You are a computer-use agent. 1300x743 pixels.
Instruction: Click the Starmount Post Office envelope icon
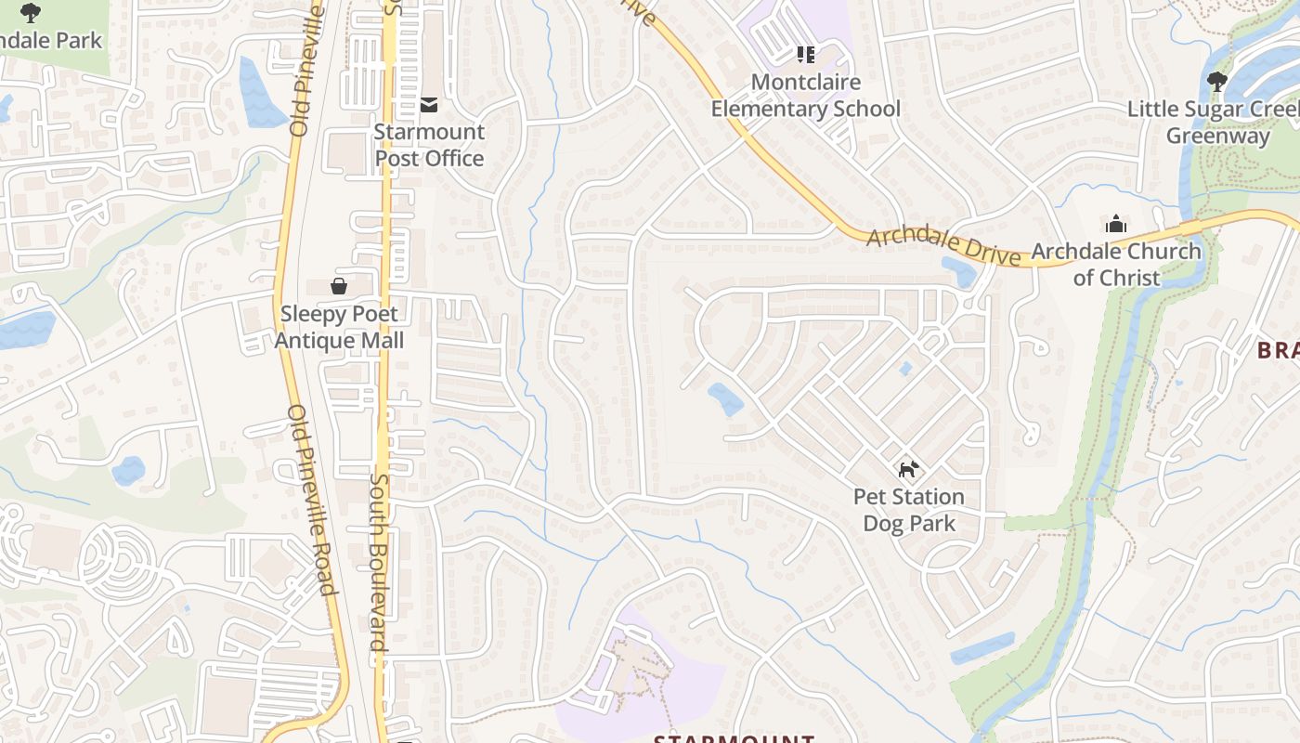pos(429,105)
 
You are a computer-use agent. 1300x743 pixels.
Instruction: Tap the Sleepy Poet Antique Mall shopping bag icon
pos(339,286)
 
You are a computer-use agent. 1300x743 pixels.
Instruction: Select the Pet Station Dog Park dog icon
pos(908,469)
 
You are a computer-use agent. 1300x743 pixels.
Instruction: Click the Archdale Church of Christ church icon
pos(1116,224)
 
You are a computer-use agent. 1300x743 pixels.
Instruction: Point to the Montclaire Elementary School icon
pos(805,55)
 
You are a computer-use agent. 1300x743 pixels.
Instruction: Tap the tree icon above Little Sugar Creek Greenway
pos(1217,82)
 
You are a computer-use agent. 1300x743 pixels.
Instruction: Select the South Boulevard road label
pos(381,569)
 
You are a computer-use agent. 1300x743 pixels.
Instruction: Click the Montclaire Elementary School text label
pos(805,96)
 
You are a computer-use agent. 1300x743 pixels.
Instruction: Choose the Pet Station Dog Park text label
pos(908,510)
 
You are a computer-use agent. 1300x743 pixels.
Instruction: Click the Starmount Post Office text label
pos(429,145)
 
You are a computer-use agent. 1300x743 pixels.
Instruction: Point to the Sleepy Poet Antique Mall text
pos(339,327)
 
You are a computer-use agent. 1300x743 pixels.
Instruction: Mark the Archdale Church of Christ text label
pos(1116,264)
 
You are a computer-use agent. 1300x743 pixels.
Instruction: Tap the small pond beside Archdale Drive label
pos(959,271)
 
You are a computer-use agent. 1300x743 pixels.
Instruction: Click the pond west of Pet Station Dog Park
pos(725,399)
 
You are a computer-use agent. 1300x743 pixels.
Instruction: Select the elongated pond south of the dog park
pos(983,647)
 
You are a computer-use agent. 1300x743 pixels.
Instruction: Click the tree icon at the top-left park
pos(31,12)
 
